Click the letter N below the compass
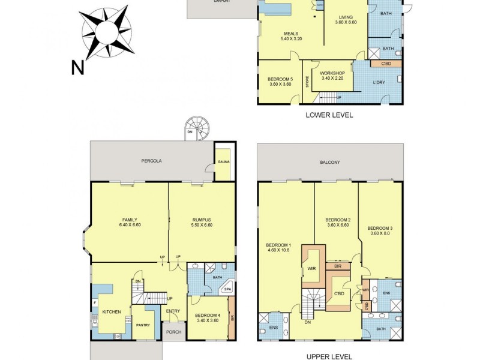(77, 68)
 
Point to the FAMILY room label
(129, 219)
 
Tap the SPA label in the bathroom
(227, 290)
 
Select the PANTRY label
(142, 325)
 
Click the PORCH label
(173, 332)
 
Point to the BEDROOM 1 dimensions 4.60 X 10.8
(278, 250)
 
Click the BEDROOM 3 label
(380, 228)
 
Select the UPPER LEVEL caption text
(329, 356)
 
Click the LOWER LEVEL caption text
(329, 115)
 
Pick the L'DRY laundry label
(378, 82)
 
